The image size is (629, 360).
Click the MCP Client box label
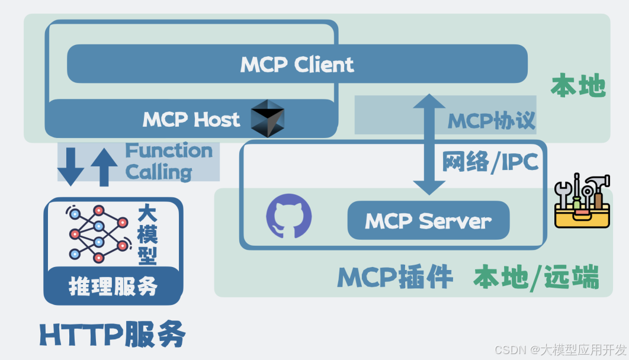click(297, 64)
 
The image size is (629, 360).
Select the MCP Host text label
click(191, 119)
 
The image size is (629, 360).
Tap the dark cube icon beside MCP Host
click(268, 118)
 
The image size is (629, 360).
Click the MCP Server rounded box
click(428, 221)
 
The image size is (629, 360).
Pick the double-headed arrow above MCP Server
click(429, 144)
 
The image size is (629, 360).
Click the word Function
click(169, 151)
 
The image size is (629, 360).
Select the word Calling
click(159, 172)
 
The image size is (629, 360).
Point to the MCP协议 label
click(491, 121)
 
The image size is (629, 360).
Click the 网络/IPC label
click(490, 160)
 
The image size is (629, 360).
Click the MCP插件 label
click(395, 277)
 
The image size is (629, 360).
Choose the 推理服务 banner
click(113, 287)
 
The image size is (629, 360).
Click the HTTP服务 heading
click(113, 335)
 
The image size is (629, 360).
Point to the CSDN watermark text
click(560, 349)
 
